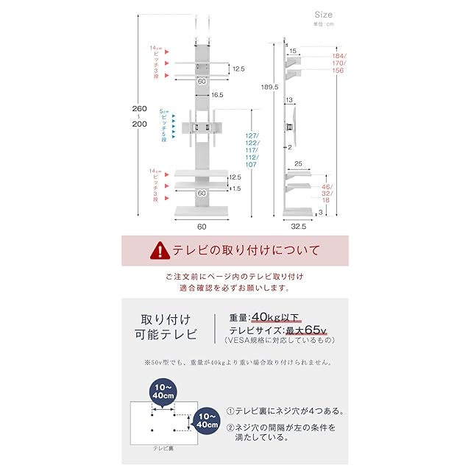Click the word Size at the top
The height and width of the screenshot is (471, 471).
click(323, 14)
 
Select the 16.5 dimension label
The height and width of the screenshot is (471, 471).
click(216, 95)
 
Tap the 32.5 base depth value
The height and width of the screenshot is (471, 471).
click(298, 226)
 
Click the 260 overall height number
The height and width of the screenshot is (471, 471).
click(138, 109)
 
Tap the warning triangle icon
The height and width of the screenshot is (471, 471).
click(159, 250)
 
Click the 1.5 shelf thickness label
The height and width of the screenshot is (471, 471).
click(235, 188)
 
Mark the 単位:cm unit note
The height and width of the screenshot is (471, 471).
click(323, 24)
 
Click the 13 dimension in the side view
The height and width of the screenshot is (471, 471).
click(291, 101)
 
